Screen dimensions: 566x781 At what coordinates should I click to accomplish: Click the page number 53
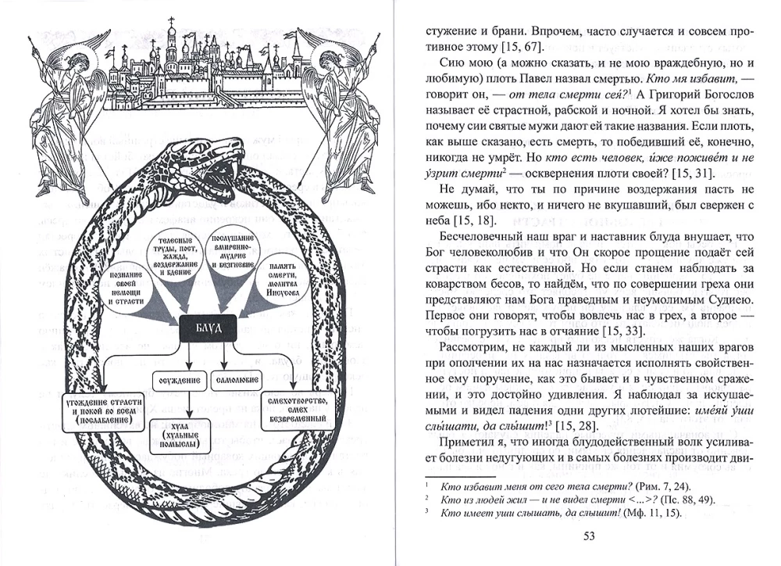coord(588,536)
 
